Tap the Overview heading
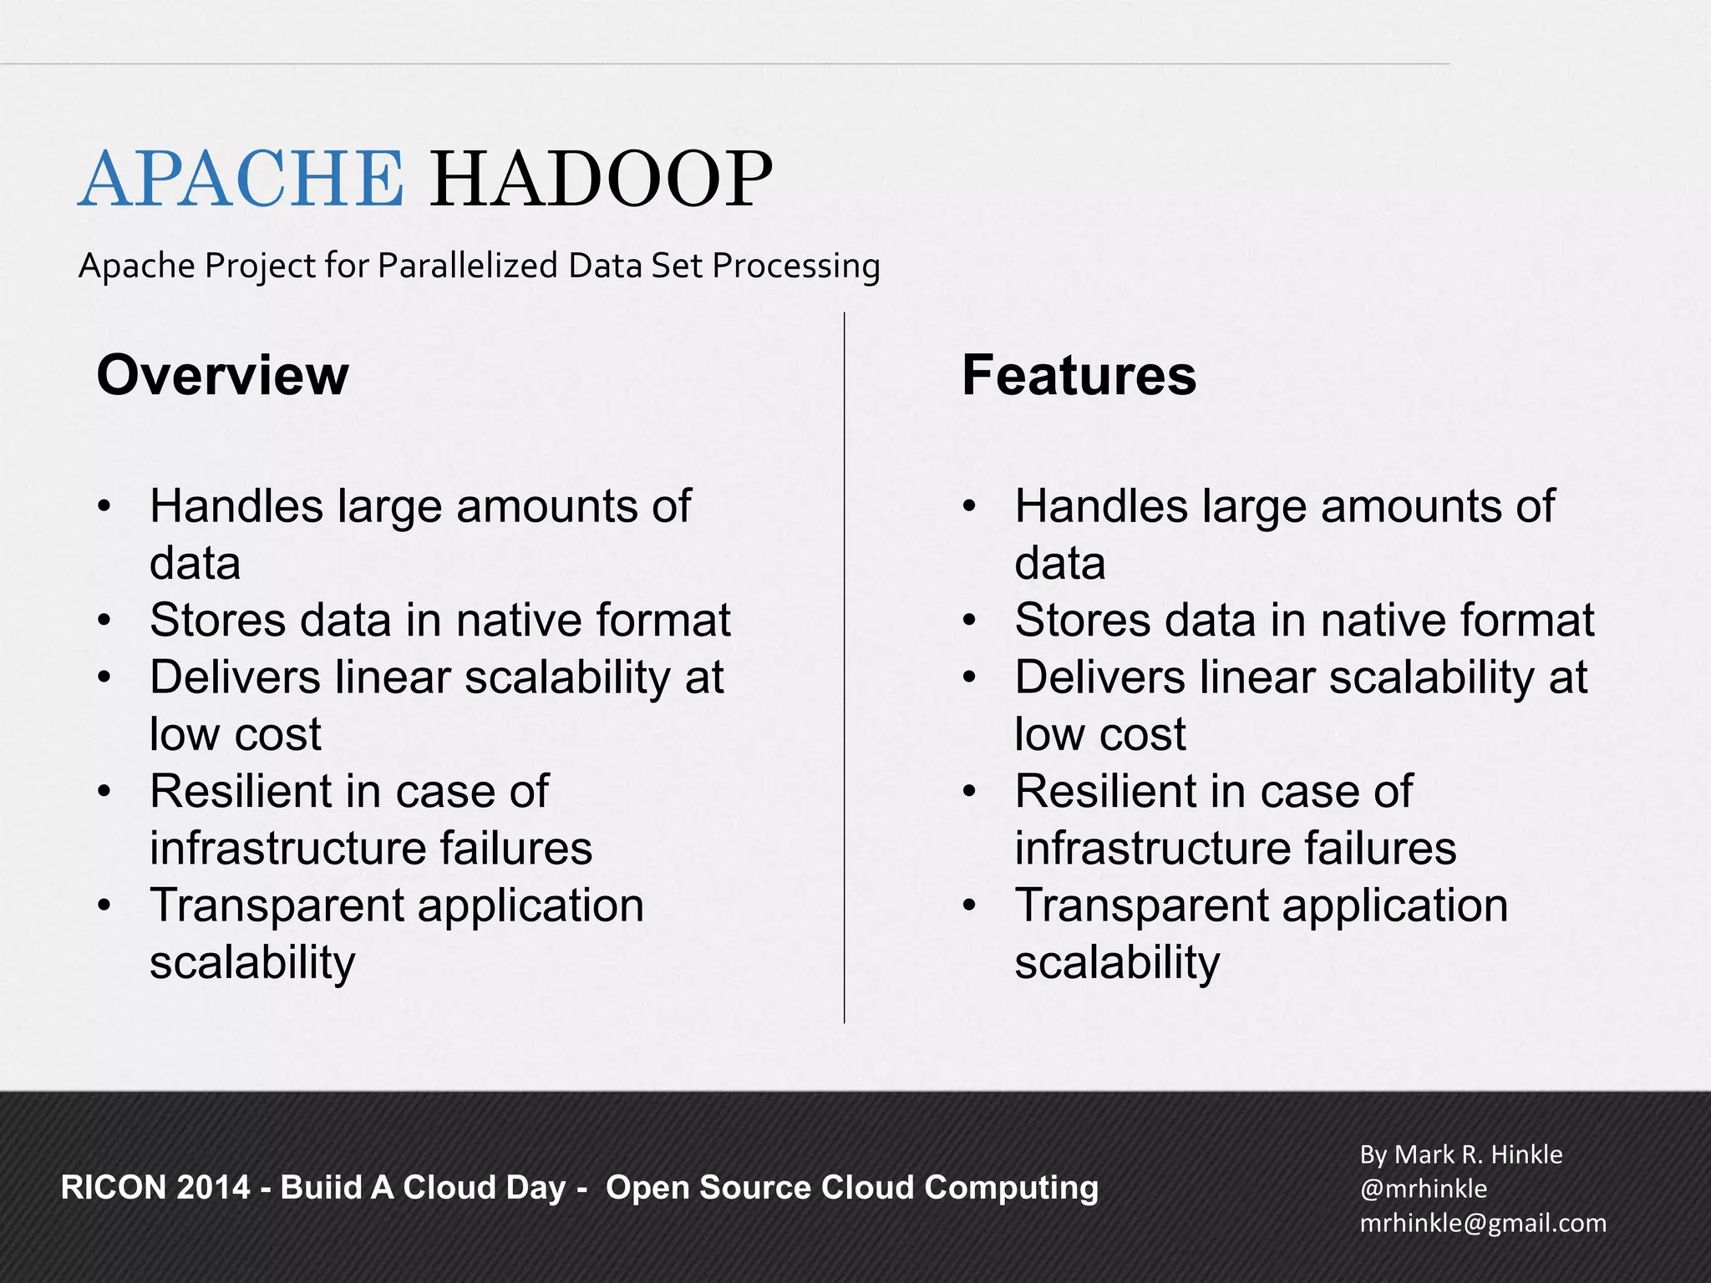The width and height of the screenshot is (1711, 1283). (x=222, y=375)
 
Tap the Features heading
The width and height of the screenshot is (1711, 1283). (x=1079, y=375)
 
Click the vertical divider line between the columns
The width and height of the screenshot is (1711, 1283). (x=845, y=668)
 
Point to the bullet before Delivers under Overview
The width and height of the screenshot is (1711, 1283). (x=104, y=677)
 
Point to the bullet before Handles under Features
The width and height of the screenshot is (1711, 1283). (x=969, y=507)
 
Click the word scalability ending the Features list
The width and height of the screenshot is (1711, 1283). (x=1117, y=962)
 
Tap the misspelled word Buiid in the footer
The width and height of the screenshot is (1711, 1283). (x=320, y=1188)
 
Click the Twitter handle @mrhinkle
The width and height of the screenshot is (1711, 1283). (x=1423, y=1189)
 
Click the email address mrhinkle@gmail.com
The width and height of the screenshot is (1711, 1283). (x=1483, y=1223)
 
